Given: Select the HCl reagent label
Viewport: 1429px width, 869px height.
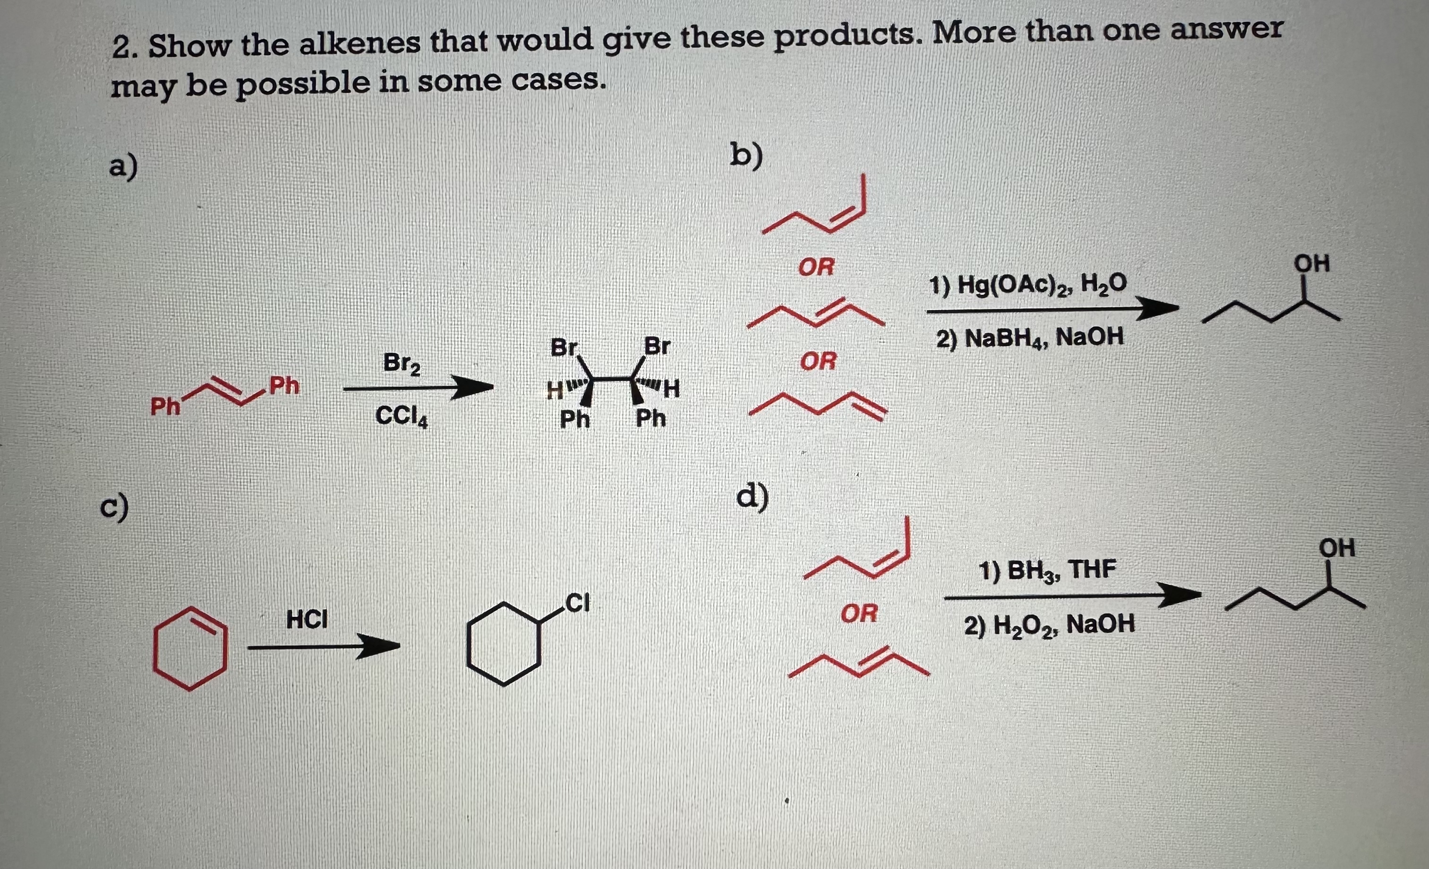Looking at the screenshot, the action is [307, 620].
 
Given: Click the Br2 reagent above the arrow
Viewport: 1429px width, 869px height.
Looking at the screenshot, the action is [402, 364].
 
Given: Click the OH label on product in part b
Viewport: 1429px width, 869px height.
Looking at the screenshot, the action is [1312, 264].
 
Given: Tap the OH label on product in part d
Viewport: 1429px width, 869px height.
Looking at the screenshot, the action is [1337, 548].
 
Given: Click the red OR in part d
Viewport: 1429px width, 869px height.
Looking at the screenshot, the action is [859, 613].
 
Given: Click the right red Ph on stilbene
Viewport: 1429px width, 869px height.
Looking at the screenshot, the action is [284, 385].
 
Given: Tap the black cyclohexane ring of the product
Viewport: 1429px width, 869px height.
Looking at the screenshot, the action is [503, 644].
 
